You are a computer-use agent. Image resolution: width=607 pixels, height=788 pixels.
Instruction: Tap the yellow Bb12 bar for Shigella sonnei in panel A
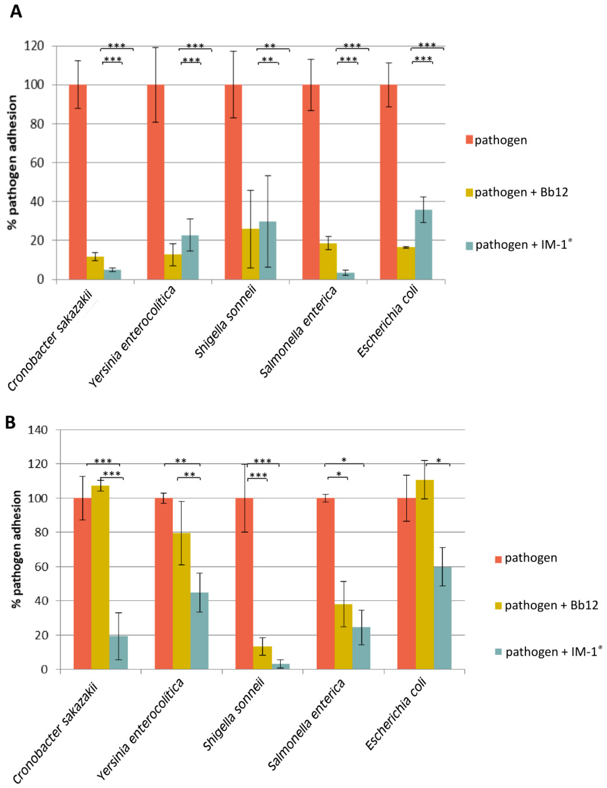[250, 254]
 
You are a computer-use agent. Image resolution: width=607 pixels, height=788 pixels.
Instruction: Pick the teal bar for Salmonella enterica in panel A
[346, 276]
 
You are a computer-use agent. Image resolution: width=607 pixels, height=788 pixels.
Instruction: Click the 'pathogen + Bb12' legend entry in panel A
[521, 192]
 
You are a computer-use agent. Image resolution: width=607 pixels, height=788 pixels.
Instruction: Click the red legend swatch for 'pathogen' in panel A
[469, 140]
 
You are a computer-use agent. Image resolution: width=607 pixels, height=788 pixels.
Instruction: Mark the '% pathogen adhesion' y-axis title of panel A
[12, 162]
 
